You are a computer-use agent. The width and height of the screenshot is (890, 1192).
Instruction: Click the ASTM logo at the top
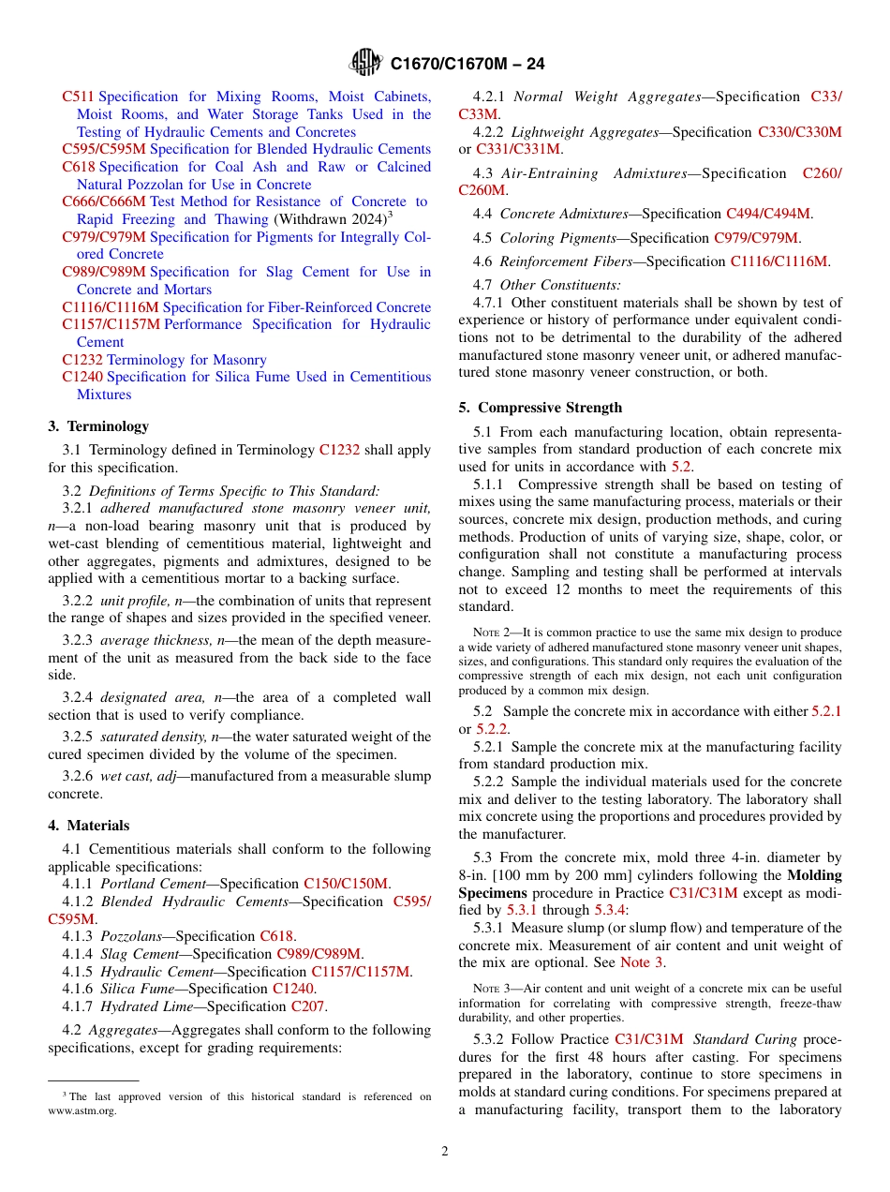coord(365,63)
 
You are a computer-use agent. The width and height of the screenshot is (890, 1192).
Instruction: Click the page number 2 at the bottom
coord(445,1151)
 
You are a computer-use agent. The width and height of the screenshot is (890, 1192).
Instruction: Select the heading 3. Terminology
coord(98,426)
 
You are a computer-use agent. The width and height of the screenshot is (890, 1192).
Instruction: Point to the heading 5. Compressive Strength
coord(541,408)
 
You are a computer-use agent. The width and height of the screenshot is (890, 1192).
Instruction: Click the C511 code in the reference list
coord(78,97)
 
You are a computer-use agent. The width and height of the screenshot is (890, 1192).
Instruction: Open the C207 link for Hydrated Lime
coord(308,1006)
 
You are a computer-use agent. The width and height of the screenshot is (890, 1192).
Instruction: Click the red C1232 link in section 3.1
coord(339,450)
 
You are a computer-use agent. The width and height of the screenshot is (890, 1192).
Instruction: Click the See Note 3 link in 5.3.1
coord(642,962)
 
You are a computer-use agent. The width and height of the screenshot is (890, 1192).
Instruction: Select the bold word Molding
coord(814,875)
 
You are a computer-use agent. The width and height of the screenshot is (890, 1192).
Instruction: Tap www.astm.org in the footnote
coord(82,1110)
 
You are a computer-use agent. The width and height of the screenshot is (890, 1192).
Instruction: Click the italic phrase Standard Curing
coord(744,1038)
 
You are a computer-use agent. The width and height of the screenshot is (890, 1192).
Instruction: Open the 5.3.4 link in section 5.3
coord(610,910)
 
